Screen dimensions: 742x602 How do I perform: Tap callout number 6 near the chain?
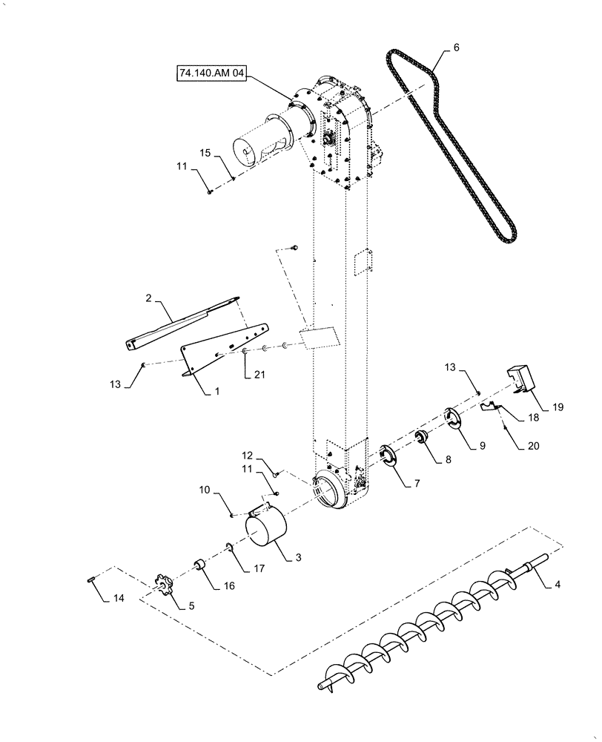pos(456,47)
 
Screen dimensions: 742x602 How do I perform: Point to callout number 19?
pos(558,406)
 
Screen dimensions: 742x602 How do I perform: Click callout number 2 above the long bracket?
pos(148,298)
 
